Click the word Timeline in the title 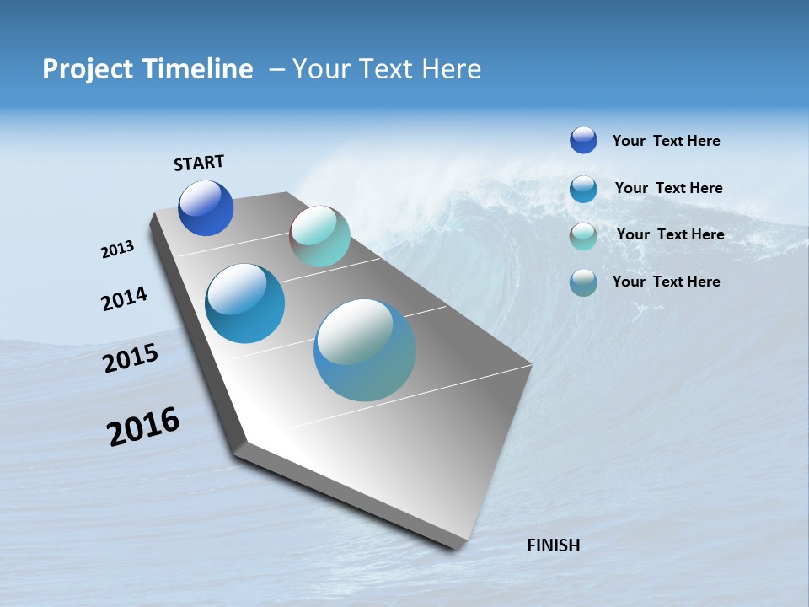point(199,69)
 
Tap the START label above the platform point(199,163)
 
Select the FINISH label point(553,545)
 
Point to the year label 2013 point(117,250)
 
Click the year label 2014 point(124,299)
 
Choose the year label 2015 point(131,358)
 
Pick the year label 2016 point(143,427)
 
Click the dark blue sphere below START point(206,208)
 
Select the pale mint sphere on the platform point(319,236)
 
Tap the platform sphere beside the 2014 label point(244,303)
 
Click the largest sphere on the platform point(365,350)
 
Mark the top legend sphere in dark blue point(583,140)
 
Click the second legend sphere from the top point(583,189)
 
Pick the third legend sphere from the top point(583,236)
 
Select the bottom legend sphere point(583,282)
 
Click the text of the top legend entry point(666,142)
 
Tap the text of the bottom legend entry point(666,282)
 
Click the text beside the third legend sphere point(670,234)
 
